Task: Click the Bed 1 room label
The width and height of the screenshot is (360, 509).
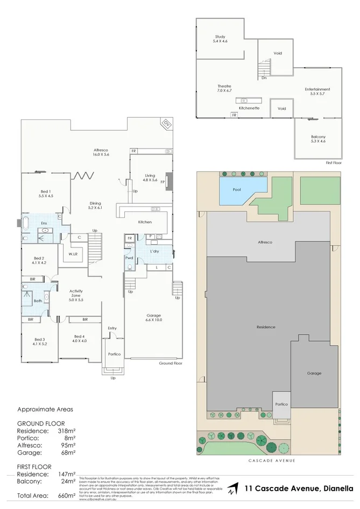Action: [x=46, y=194]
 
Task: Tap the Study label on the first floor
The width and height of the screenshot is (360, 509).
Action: [x=220, y=39]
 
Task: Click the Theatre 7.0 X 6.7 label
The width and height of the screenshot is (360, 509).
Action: [x=224, y=89]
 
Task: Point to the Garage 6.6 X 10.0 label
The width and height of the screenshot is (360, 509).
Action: [x=154, y=317]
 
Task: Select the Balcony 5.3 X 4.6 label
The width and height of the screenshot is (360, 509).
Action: [x=318, y=139]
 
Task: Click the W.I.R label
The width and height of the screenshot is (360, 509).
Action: [x=73, y=254]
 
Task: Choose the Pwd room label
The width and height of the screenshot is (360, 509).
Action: [x=129, y=258]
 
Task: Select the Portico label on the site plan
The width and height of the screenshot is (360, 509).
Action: [x=281, y=404]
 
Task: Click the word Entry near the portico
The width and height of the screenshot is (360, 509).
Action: [x=112, y=328]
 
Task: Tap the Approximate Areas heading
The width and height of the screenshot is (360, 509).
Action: [x=45, y=409]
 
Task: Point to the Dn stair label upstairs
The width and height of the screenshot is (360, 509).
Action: [x=264, y=78]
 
